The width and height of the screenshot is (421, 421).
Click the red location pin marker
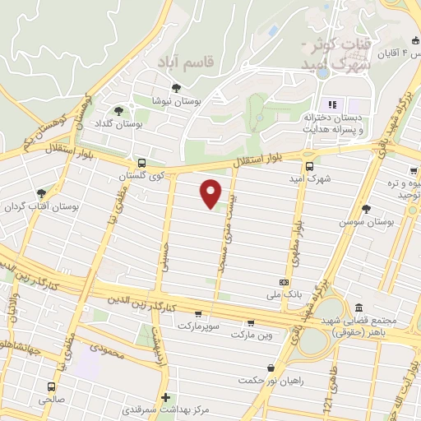point(211,193)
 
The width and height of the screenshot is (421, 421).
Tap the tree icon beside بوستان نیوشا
point(174,88)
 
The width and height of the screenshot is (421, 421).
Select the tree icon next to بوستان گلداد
point(119,110)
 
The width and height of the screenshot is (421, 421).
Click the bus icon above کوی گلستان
point(141,163)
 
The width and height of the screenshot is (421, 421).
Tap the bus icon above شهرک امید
point(308,164)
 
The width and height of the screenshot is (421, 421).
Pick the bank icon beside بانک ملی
point(284,282)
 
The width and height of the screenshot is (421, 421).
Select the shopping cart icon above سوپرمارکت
point(197,313)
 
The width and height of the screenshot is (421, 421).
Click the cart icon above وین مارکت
point(250,322)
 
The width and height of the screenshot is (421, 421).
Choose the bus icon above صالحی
point(52,386)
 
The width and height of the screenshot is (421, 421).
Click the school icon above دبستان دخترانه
point(333,104)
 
